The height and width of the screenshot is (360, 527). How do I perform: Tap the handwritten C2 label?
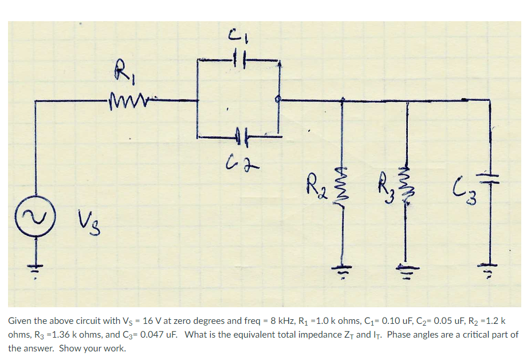pyautogui.click(x=239, y=167)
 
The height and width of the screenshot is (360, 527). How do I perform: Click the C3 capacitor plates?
pyautogui.click(x=490, y=175)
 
